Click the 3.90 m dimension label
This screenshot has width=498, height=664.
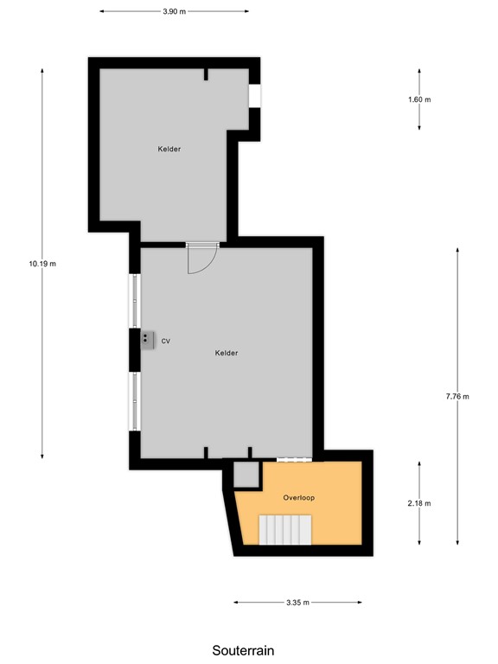pos(174,12)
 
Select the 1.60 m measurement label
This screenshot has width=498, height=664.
pos(419,99)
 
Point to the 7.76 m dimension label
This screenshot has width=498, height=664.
pos(457,397)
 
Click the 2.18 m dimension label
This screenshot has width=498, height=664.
pos(419,503)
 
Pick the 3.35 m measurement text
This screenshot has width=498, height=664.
pos(297,603)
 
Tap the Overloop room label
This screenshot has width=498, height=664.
pos(297,499)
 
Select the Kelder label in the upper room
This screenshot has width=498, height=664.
pos(169,150)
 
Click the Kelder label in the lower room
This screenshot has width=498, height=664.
pos(227,353)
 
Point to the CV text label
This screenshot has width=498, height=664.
pos(165,342)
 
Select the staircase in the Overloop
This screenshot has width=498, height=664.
pos(286,529)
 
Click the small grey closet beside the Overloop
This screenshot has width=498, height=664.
pos(246,475)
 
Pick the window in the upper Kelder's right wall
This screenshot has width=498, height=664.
pos(255,96)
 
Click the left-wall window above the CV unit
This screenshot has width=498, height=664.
pos(134,301)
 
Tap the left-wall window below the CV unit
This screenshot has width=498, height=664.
pos(134,400)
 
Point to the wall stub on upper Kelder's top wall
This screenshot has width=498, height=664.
pos(206,74)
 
